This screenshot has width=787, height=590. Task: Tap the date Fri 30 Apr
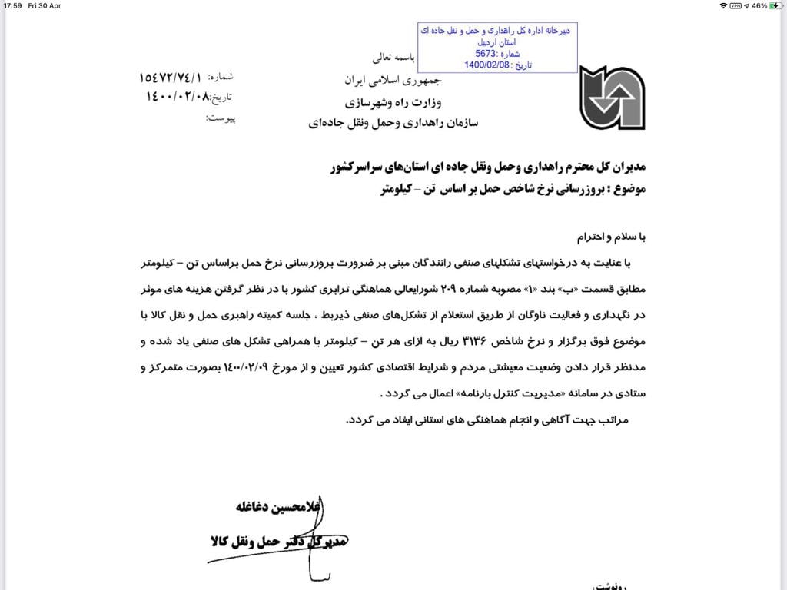click(x=45, y=5)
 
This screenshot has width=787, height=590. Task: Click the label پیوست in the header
click(x=223, y=118)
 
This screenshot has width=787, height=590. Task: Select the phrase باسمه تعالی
click(x=393, y=57)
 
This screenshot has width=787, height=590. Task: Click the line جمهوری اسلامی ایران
click(x=380, y=80)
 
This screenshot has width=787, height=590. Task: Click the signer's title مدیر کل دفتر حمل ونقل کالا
click(x=280, y=542)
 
